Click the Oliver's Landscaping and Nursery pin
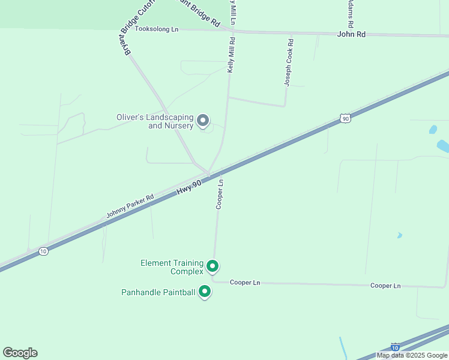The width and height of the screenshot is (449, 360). pos(203,121)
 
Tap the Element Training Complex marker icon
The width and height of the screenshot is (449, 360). pos(212,266)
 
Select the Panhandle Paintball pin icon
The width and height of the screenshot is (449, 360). pos(205,292)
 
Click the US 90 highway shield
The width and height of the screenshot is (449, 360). pos(345,119)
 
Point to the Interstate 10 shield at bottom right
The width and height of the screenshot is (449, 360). pos(395,347)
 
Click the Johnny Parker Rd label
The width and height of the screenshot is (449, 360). pos(130,206)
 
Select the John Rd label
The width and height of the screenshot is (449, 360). pos(351,35)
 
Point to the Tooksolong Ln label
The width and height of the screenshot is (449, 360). pos(157,29)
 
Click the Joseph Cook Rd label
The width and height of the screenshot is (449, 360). pos(289,62)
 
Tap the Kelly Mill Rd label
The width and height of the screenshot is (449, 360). pos(231,55)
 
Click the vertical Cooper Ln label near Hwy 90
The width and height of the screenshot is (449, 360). pos(220,194)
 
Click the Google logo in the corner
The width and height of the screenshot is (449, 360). pos(20,353)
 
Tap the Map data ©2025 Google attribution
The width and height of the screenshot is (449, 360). pos(412,355)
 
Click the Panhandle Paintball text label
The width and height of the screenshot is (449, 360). pos(158,292)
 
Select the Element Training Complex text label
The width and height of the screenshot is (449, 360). pos(172,267)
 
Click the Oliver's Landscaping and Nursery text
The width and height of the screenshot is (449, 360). pos(155,122)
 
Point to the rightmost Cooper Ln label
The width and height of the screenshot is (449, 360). pos(385,286)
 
